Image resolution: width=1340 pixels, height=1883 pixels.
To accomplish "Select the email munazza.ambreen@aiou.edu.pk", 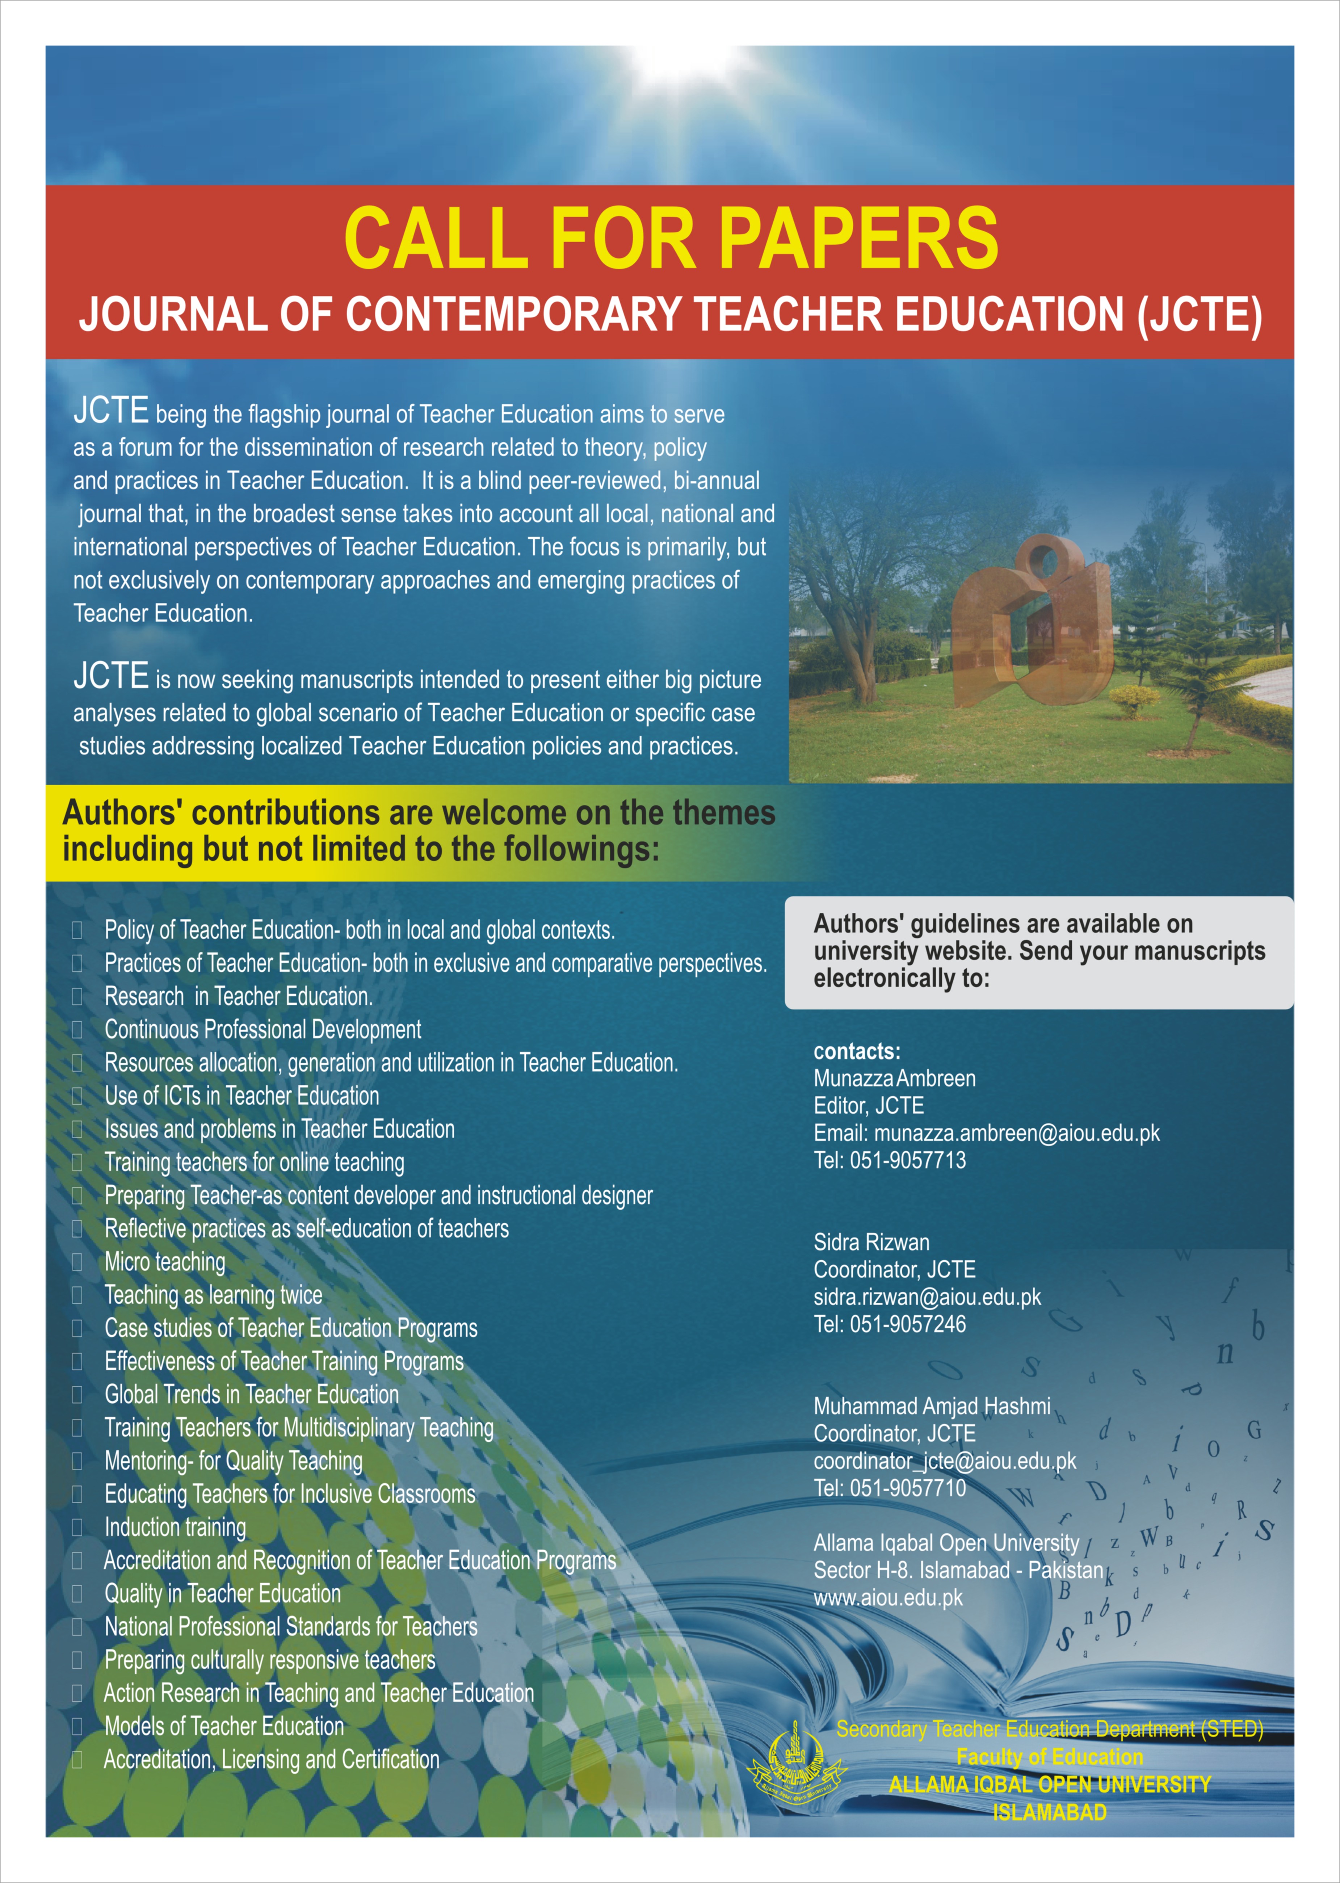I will pyautogui.click(x=1017, y=1133).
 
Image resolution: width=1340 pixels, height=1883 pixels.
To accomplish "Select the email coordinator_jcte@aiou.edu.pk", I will pyautogui.click(x=945, y=1460).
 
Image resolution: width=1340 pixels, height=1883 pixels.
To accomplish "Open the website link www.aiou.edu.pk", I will pyautogui.click(x=888, y=1597).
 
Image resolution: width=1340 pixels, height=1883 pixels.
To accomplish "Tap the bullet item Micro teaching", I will pyautogui.click(x=165, y=1262).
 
